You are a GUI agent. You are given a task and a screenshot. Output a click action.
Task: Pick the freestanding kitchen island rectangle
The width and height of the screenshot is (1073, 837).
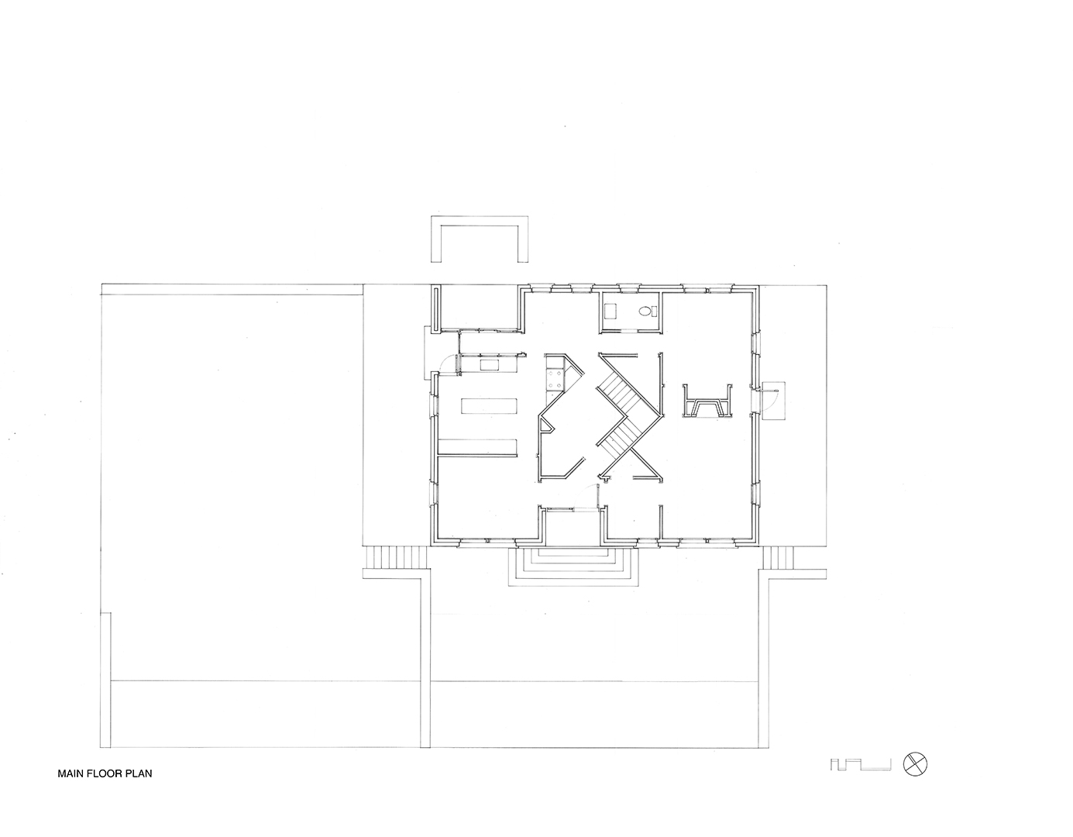point(638,406)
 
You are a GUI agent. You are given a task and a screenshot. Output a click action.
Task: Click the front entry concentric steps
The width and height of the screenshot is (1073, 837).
point(573,566)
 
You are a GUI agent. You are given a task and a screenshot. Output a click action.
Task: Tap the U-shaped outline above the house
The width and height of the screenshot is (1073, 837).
point(480,239)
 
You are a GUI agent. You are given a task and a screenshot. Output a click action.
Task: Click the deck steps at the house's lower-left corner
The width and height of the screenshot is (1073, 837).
point(397,557)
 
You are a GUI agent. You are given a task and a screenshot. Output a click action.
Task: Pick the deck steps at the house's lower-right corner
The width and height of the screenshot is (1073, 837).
point(778,557)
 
